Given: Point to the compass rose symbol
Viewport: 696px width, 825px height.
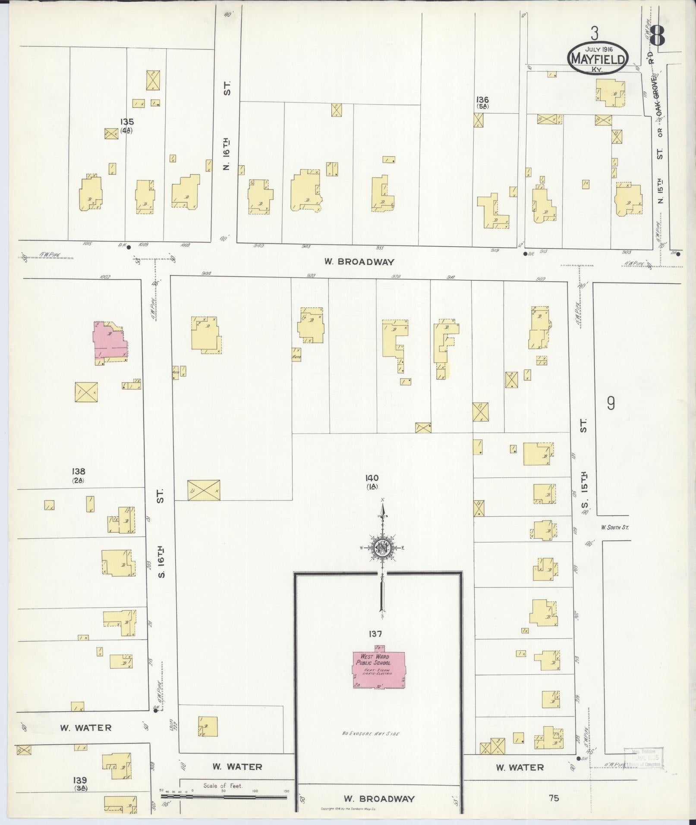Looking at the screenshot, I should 382,548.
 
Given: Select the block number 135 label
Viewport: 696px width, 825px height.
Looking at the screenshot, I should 127,122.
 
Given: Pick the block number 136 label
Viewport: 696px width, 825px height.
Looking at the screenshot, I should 482,100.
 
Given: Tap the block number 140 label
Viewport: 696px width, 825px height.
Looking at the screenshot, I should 372,478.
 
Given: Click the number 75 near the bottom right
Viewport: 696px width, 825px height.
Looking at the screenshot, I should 554,798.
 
